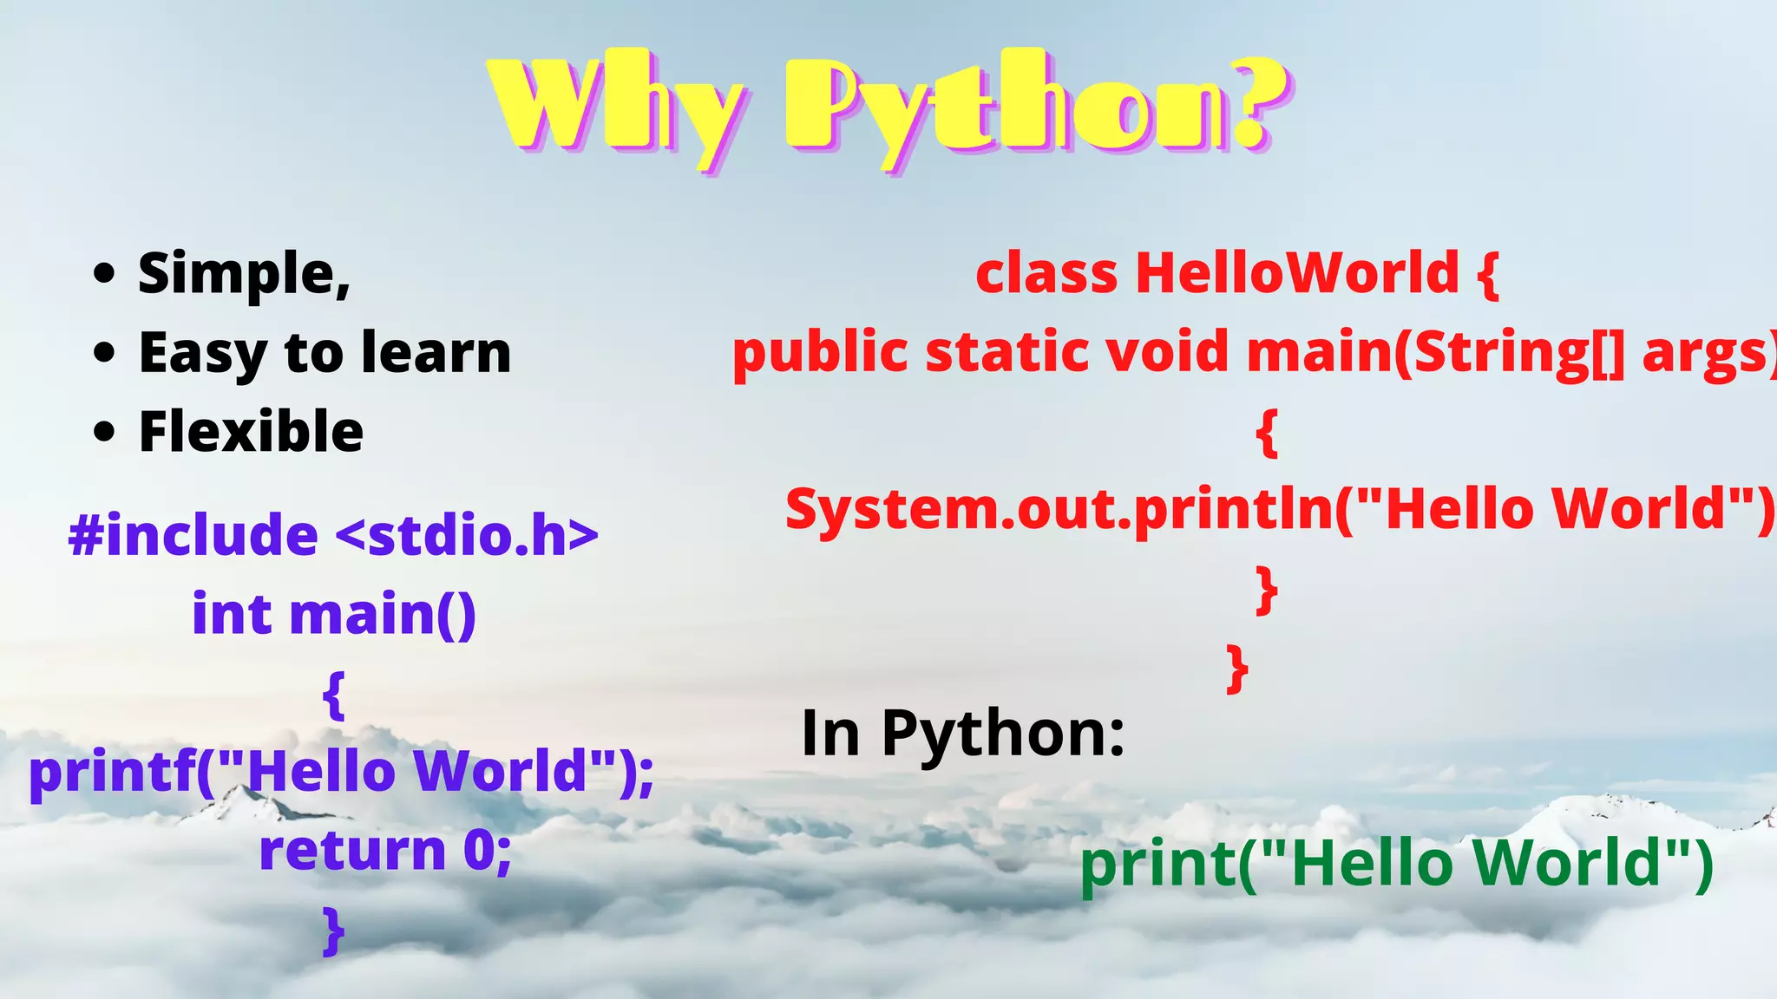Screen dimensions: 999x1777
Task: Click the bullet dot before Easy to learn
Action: coord(104,353)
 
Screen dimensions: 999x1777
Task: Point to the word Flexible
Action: coord(251,432)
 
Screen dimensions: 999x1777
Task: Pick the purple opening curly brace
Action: coord(334,694)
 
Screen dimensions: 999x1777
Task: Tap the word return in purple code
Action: coord(352,850)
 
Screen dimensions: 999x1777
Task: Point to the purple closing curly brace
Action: coord(334,930)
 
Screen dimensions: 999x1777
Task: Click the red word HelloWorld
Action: coord(1297,273)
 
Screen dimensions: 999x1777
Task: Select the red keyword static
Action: coord(1007,352)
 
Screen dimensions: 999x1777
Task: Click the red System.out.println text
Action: coord(1059,509)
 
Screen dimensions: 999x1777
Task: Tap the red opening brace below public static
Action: coord(1267,432)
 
